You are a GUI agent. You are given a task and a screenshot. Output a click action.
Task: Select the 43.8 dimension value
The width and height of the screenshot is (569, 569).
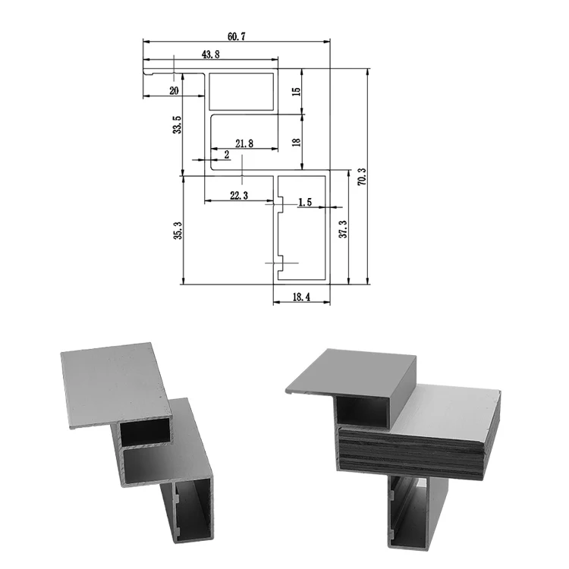pyautogui.click(x=212, y=54)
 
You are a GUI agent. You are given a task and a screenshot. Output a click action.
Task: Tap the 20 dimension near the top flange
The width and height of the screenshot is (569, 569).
pyautogui.click(x=174, y=90)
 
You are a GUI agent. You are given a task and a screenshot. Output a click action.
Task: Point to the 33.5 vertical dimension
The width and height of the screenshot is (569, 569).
pyautogui.click(x=178, y=125)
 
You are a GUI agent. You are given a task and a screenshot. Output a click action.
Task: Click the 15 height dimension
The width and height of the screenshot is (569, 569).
pyautogui.click(x=297, y=91)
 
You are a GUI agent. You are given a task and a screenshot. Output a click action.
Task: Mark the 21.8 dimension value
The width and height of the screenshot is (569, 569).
pyautogui.click(x=245, y=143)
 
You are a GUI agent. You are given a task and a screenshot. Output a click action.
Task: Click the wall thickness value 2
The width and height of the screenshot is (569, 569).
pyautogui.click(x=226, y=155)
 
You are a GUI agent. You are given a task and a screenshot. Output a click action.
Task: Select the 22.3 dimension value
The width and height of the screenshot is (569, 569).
pyautogui.click(x=237, y=196)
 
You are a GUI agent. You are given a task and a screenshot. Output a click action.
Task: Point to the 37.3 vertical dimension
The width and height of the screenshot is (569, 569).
pyautogui.click(x=342, y=229)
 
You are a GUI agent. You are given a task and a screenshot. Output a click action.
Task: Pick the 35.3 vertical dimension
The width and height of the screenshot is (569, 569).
pyautogui.click(x=178, y=231)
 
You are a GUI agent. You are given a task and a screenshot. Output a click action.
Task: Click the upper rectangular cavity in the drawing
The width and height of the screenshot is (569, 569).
pyautogui.click(x=241, y=91)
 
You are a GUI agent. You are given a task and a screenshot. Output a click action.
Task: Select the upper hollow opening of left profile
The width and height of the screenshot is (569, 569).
pyautogui.click(x=144, y=431)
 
